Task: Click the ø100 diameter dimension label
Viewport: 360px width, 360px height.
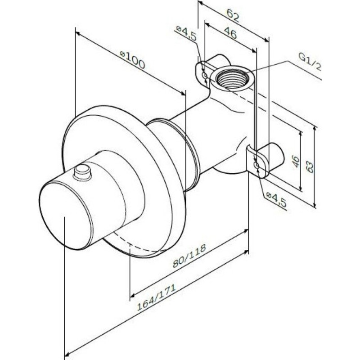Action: click(132, 60)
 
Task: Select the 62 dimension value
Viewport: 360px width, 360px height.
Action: click(233, 16)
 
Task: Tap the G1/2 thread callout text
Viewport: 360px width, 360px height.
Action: click(310, 62)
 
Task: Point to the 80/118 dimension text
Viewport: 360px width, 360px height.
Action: click(189, 256)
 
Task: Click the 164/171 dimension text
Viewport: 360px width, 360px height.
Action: click(156, 297)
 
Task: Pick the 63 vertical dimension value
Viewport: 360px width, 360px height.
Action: click(310, 166)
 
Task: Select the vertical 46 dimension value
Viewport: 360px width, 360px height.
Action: click(296, 162)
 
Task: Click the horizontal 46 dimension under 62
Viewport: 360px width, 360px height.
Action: click(230, 32)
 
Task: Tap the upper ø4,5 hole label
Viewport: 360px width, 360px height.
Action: click(186, 33)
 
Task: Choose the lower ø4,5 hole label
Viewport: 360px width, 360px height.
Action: click(276, 200)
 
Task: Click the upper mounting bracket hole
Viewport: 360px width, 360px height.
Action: click(204, 75)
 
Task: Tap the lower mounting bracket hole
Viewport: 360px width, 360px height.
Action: click(256, 165)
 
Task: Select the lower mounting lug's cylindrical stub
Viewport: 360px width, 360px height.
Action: click(273, 157)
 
